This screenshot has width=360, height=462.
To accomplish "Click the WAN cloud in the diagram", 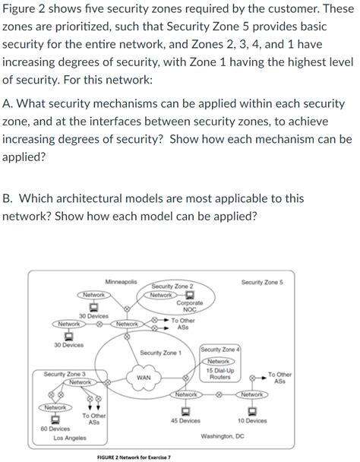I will coord(143,377).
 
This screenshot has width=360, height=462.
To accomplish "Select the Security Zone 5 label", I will coord(262,282).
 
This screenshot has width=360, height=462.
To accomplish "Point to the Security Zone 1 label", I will coord(160,353).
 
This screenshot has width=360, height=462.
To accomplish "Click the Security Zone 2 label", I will coord(172,286).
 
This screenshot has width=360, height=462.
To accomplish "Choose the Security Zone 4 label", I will coord(220,349).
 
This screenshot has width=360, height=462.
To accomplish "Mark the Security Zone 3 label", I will coord(65,374).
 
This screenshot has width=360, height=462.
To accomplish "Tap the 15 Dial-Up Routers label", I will coord(219,373).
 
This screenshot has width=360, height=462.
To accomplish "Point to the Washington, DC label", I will coord(222,437).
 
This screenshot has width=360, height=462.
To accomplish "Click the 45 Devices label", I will coord(185,420).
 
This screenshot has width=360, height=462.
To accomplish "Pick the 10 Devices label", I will coord(251,420).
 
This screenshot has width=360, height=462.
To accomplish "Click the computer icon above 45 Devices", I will coord(185,409).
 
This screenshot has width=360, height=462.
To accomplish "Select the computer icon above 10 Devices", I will coord(251,409).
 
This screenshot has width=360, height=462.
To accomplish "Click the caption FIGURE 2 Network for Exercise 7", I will coord(134,457).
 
